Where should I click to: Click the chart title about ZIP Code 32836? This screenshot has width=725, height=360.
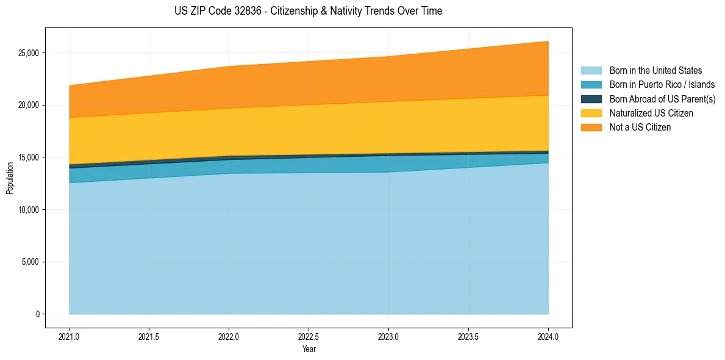coord(309,11)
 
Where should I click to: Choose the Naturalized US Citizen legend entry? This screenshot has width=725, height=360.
coord(651,113)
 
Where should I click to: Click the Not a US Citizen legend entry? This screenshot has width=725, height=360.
coord(640,128)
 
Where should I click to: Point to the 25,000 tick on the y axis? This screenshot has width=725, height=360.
coord(28,53)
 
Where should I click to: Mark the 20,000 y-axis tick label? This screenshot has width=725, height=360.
coord(28,105)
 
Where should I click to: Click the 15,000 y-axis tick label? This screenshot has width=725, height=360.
coord(28,157)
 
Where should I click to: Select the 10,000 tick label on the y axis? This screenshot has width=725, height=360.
coord(28,210)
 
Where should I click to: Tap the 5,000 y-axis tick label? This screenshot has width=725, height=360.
coord(30,262)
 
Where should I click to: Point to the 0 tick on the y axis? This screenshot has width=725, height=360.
coord(37,314)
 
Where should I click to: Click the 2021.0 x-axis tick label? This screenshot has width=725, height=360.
coord(69,336)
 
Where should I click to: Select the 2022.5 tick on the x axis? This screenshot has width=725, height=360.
coord(309,336)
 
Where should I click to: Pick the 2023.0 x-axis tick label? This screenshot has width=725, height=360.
coord(388,336)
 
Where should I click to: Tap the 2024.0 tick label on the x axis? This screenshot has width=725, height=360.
coord(548,336)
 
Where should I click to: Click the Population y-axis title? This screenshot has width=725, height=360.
coord(10,178)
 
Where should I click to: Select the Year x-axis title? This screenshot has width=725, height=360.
coord(309,350)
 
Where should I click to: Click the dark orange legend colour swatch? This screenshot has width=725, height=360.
coord(591,128)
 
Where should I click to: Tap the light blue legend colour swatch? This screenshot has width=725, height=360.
coord(591,71)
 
